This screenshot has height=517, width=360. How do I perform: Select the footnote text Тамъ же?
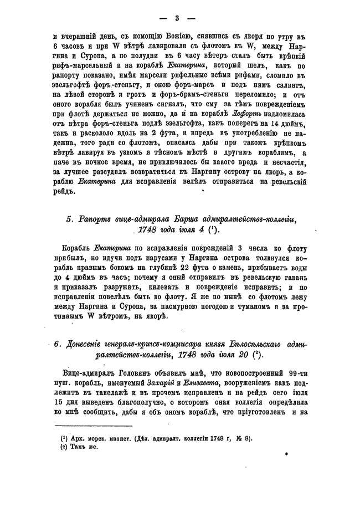click(x=81, y=447)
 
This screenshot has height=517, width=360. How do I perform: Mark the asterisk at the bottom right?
click(x=286, y=453)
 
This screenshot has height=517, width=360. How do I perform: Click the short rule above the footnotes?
click(x=94, y=426)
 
